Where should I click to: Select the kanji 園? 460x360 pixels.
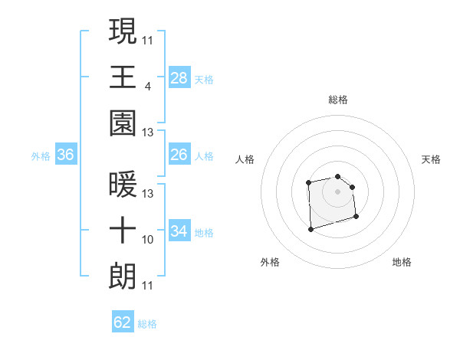pyautogui.click(x=123, y=123)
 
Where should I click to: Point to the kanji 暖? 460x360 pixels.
pyautogui.click(x=123, y=184)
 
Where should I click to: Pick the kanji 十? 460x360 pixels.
pyautogui.click(x=123, y=230)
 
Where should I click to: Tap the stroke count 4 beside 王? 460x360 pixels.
pyautogui.click(x=147, y=87)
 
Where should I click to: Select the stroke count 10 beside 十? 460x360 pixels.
pyautogui.click(x=147, y=240)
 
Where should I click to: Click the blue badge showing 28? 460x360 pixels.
pyautogui.click(x=179, y=78)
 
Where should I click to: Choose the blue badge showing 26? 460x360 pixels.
pyautogui.click(x=179, y=155)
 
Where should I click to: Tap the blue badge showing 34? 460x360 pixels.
pyautogui.click(x=179, y=231)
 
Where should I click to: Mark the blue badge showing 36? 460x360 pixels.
pyautogui.click(x=66, y=155)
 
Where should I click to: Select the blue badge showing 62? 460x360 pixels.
pyautogui.click(x=123, y=322)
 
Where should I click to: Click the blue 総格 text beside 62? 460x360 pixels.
pyautogui.click(x=147, y=324)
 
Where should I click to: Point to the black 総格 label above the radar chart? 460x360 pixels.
pyautogui.click(x=337, y=100)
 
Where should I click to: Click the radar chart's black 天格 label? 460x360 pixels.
pyautogui.click(x=432, y=159)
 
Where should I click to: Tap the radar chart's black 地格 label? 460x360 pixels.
pyautogui.click(x=402, y=262)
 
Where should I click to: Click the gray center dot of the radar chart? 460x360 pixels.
pyautogui.click(x=337, y=191)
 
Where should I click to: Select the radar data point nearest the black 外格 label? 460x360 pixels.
pyautogui.click(x=310, y=228)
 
